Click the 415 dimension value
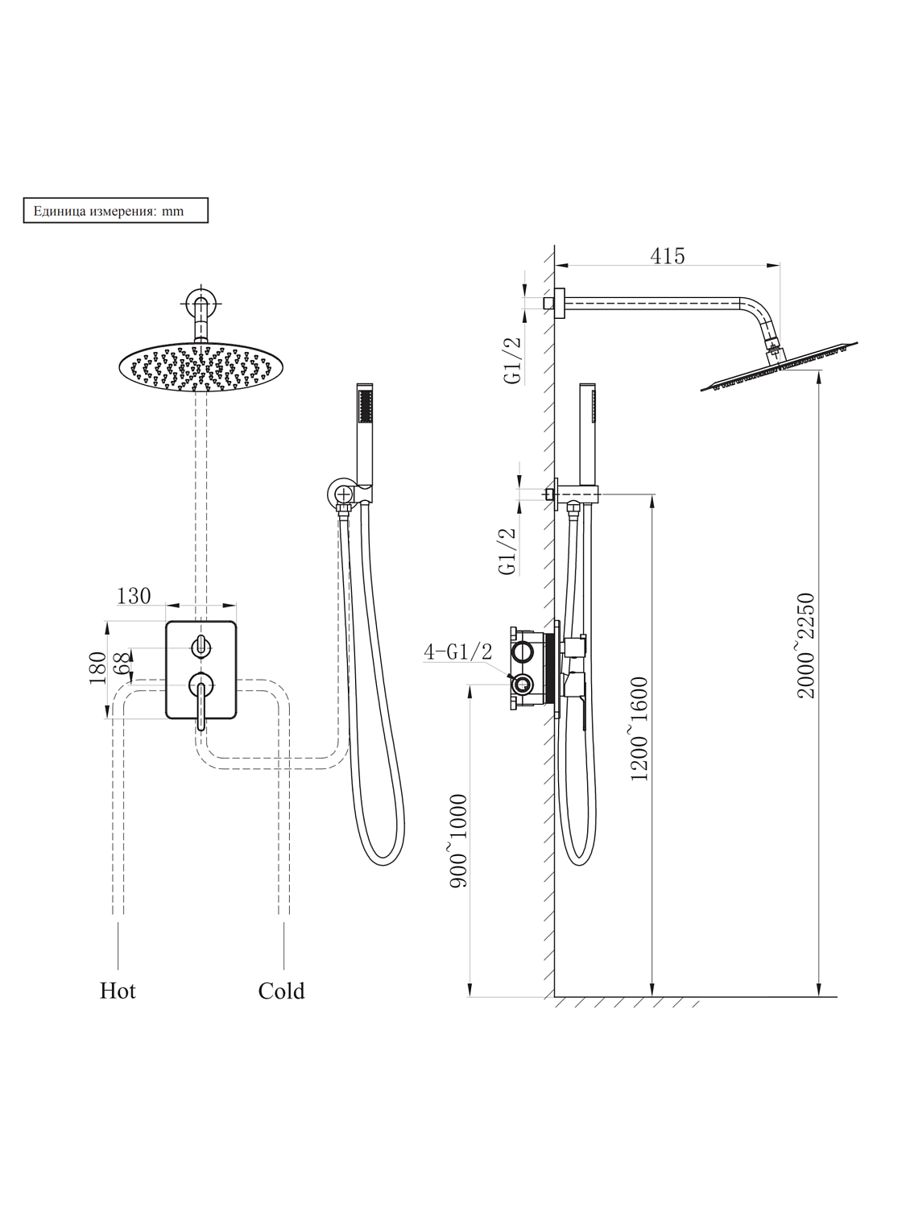click(668, 256)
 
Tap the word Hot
click(118, 991)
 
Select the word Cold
click(281, 991)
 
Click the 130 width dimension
click(134, 596)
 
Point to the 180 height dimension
click(97, 668)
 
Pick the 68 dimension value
click(122, 664)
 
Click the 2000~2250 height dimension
click(806, 646)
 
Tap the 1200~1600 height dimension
click(639, 729)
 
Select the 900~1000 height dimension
click(458, 842)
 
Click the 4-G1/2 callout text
click(457, 652)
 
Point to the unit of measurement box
click(115, 211)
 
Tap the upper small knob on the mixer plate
click(201, 646)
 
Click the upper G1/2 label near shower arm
click(514, 360)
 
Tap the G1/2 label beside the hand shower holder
click(507, 552)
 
